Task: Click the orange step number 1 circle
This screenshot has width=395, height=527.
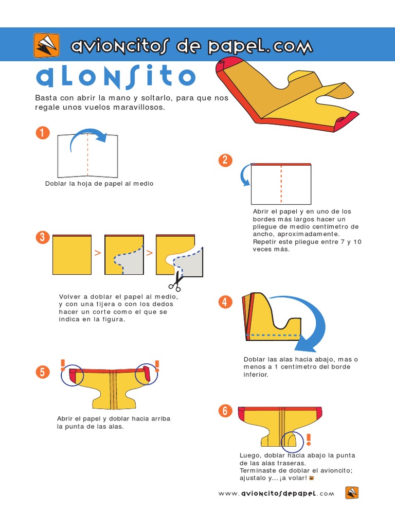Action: coord(43,132)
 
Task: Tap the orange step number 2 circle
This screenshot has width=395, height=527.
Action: coord(225,160)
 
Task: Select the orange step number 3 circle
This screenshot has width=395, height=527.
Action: coord(42,237)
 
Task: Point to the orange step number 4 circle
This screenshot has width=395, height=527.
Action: coord(225,302)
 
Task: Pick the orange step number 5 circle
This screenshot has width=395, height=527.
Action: coord(42,372)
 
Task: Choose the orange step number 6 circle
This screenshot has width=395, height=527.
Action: coord(225,411)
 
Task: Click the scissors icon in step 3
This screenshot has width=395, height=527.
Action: coord(176,281)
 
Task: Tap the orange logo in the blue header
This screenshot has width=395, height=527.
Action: coord(46,45)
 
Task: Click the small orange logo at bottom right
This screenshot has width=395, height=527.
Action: coord(352,493)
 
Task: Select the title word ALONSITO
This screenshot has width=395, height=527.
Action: coord(116,77)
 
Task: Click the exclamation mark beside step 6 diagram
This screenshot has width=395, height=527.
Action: coord(309,440)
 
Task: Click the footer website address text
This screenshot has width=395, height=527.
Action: coord(276,494)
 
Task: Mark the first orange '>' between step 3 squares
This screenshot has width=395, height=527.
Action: coord(98,253)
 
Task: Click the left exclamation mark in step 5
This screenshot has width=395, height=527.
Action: coord(63,365)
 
